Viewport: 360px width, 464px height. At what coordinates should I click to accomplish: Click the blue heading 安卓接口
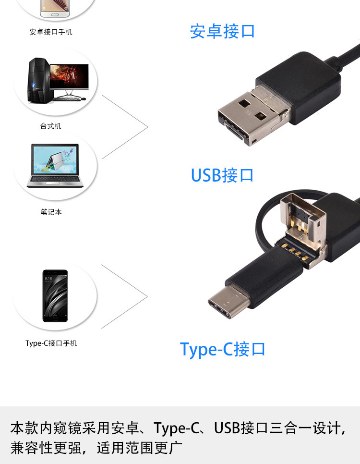pyautogui.click(x=222, y=31)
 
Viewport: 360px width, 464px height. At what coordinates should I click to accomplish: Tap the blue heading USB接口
pyautogui.click(x=222, y=175)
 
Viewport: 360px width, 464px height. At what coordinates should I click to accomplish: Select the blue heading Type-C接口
pyautogui.click(x=222, y=349)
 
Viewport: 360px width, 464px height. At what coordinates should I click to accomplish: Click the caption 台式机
pyautogui.click(x=51, y=126)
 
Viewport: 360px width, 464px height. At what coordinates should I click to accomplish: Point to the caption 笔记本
pyautogui.click(x=51, y=212)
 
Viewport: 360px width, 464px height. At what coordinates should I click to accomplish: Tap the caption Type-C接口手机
pyautogui.click(x=51, y=343)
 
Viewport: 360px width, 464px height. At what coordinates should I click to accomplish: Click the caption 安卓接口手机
pyautogui.click(x=51, y=32)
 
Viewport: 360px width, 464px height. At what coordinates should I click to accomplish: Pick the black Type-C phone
pyautogui.click(x=55, y=295)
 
